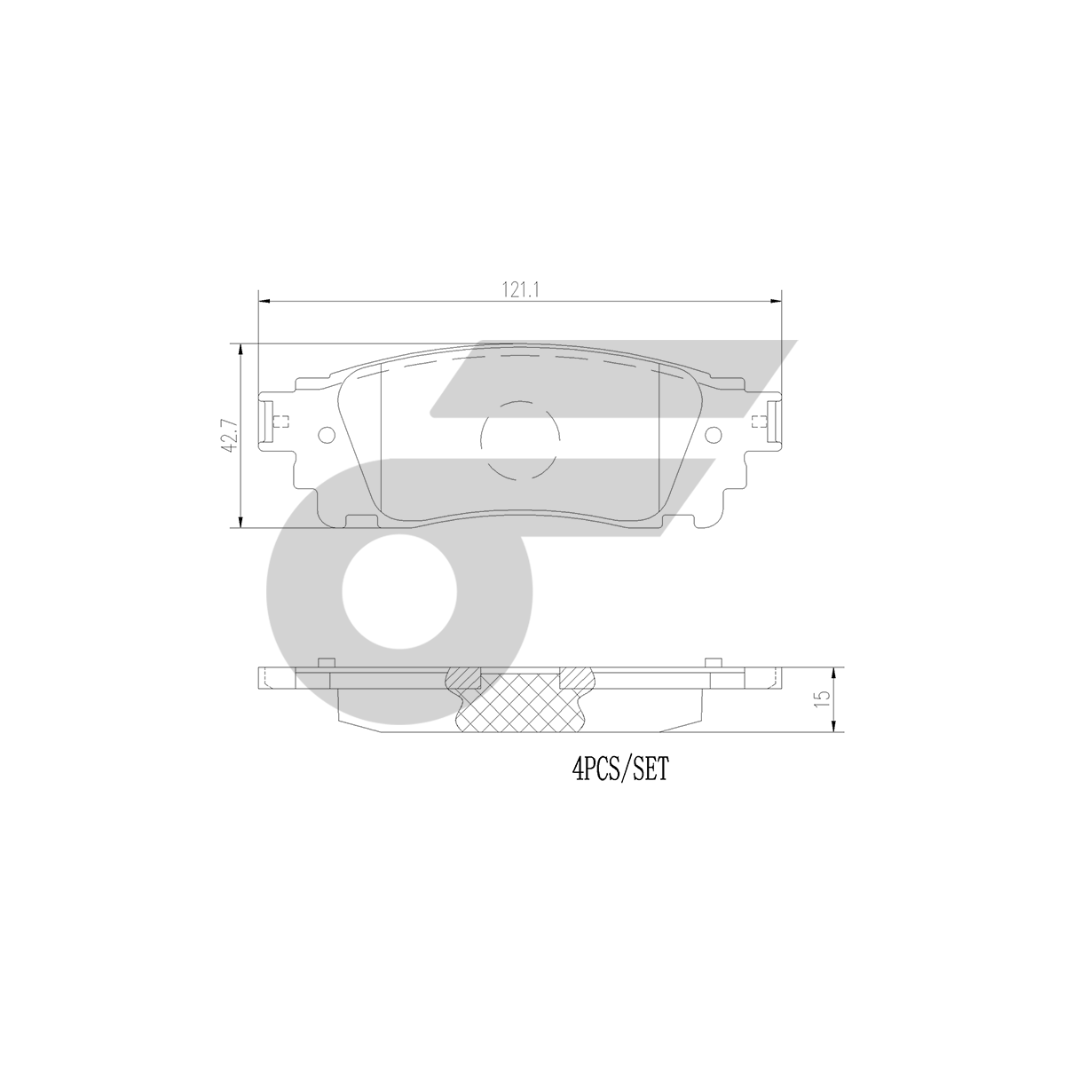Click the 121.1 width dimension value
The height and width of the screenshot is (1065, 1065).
click(520, 289)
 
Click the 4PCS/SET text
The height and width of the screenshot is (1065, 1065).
click(620, 769)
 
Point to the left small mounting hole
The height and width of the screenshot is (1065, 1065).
click(327, 435)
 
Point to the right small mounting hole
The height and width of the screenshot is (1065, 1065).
click(714, 435)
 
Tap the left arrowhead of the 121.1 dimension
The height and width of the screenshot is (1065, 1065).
click(264, 301)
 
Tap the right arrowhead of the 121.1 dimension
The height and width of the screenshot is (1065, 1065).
click(776, 301)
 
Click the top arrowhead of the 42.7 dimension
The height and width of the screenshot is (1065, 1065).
click(241, 350)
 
